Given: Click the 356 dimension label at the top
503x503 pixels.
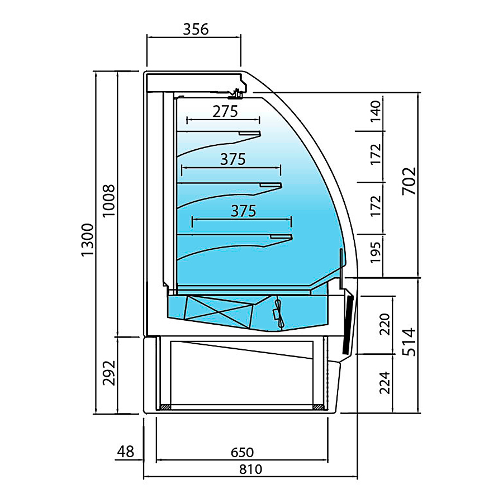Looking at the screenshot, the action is click(196, 29).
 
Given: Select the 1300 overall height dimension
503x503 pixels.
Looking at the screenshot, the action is click(87, 240).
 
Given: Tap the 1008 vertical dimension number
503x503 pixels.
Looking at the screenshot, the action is click(109, 201).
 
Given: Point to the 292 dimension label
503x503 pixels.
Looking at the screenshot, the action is click(109, 373).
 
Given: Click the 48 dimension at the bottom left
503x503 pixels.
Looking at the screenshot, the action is click(125, 452).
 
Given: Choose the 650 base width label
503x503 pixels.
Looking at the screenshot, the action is click(242, 452).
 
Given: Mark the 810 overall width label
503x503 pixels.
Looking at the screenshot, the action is click(250, 469).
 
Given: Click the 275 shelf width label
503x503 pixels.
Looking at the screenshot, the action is click(225, 112).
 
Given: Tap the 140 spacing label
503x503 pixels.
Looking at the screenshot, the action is click(376, 111).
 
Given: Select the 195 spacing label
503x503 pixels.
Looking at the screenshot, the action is click(376, 253).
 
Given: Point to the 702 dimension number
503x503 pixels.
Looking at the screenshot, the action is click(409, 181).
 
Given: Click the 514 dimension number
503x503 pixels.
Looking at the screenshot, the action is click(409, 342).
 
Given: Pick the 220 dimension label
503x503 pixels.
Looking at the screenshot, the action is click(385, 324).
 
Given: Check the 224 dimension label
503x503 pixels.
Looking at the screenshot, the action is click(385, 383).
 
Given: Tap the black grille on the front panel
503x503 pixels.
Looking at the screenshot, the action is click(348, 324).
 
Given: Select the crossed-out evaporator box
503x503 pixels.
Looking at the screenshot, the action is click(219, 311).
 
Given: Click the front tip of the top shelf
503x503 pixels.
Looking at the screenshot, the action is click(261, 134).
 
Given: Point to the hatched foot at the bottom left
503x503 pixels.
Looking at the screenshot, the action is click(165, 407).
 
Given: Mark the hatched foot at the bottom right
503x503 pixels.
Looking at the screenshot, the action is click(317, 407).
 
